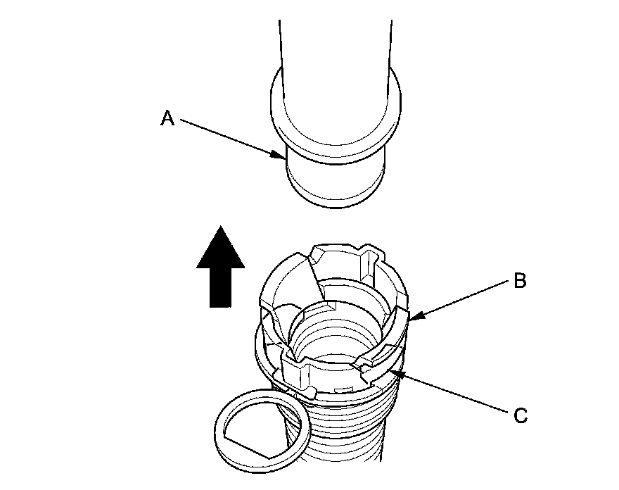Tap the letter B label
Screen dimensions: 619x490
coord(520,282)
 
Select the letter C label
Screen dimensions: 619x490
coord(520,415)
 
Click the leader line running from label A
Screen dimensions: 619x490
coord(232,137)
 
